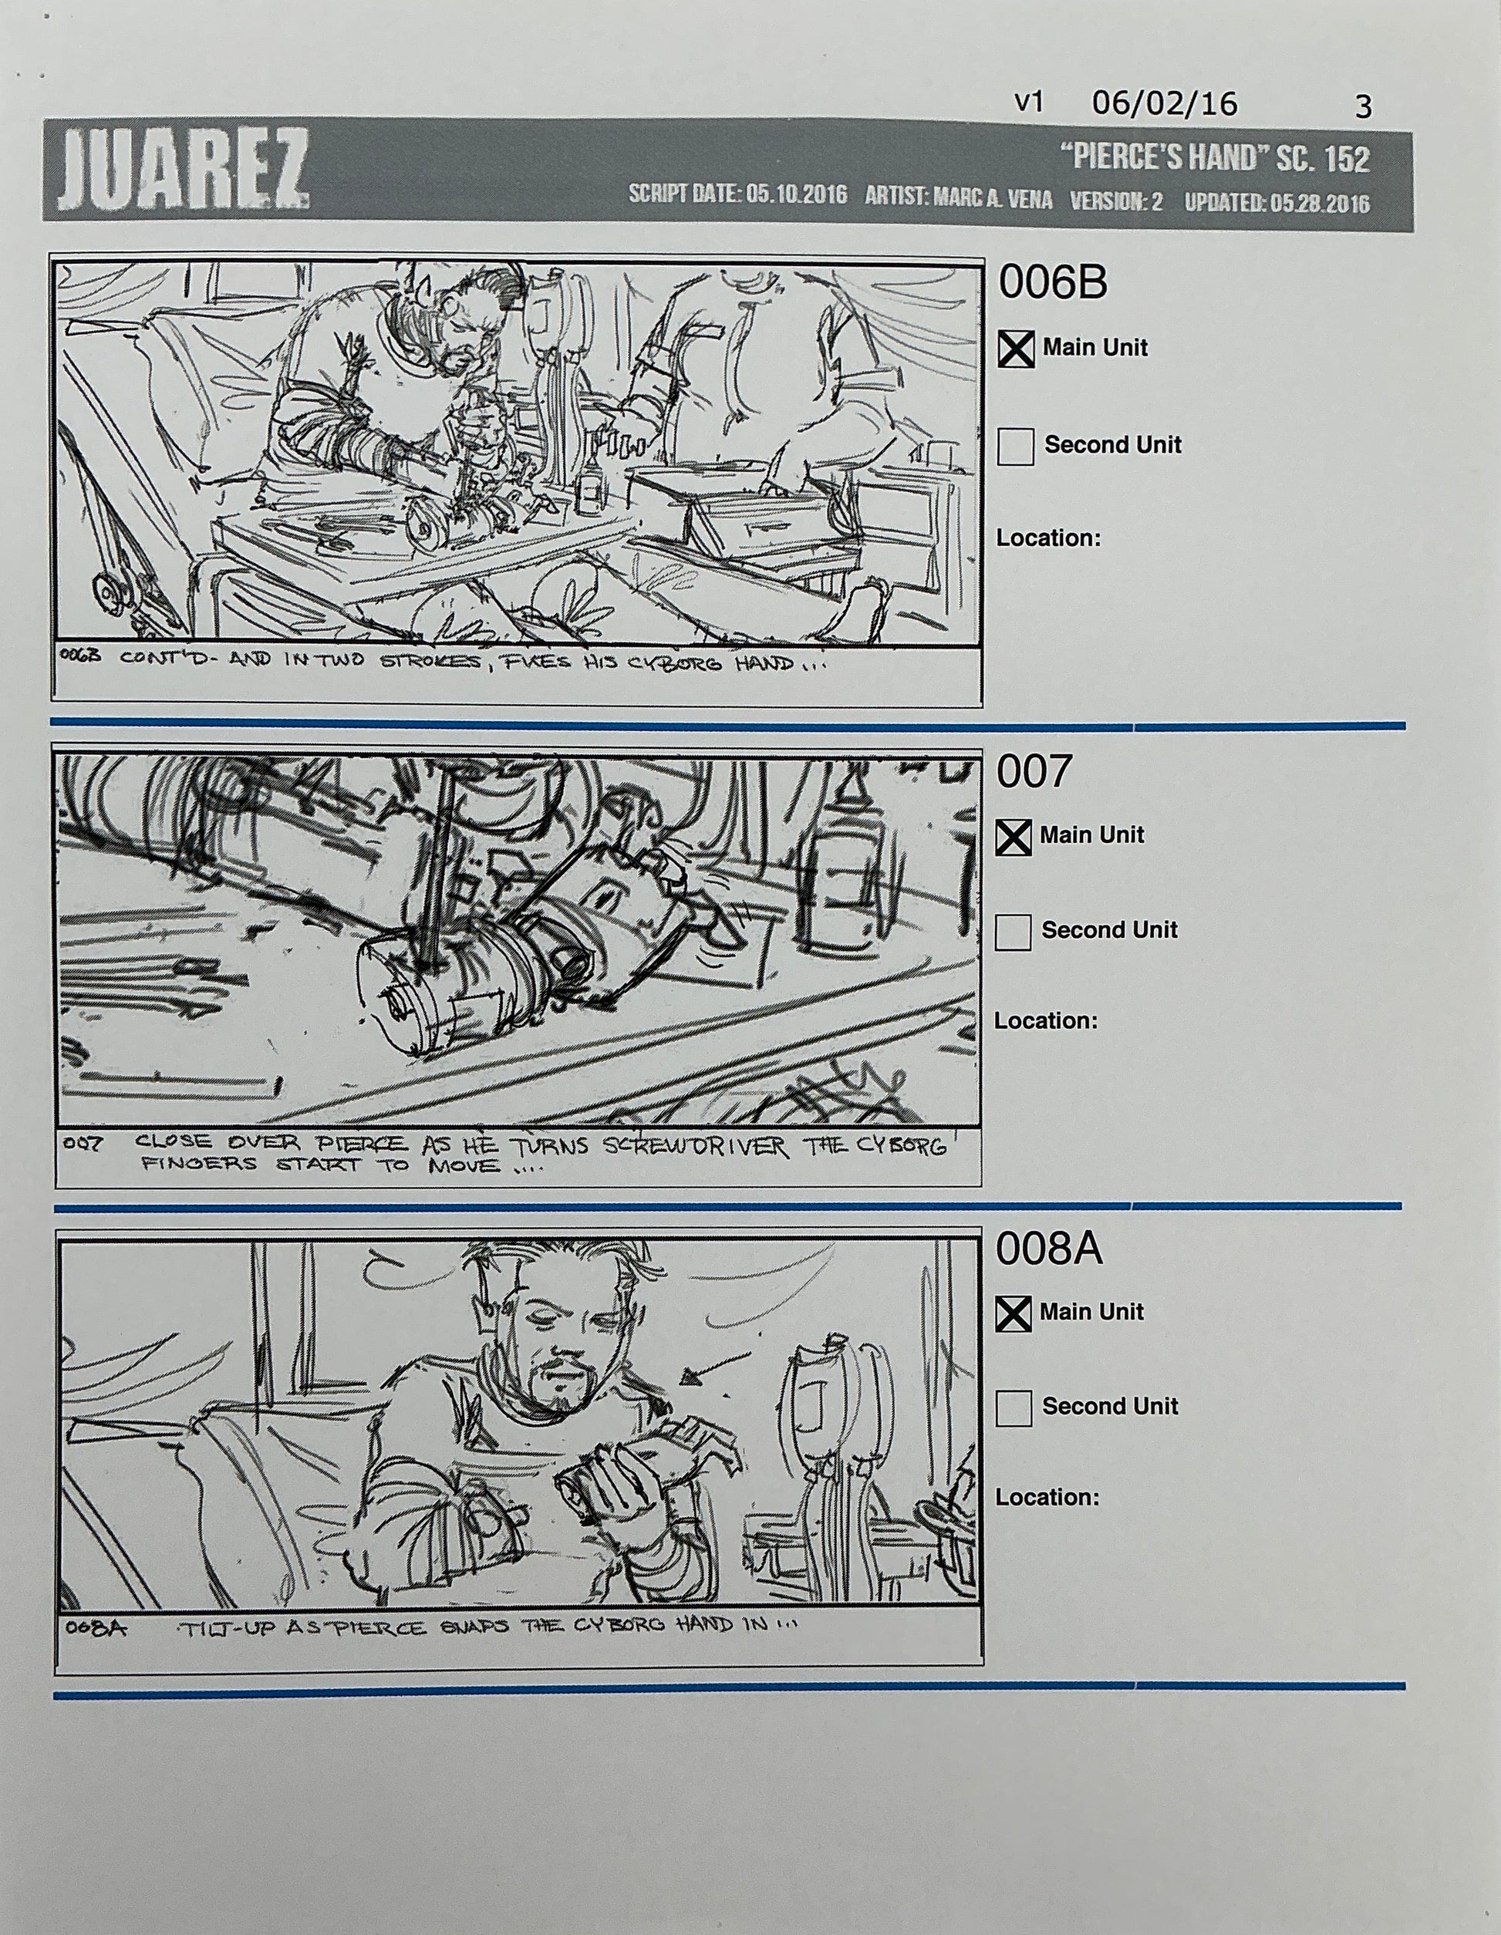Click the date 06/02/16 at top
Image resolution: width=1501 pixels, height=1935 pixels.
tap(1163, 105)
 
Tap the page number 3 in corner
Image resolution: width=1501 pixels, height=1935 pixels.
tap(1363, 107)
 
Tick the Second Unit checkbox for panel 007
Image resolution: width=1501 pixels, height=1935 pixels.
tap(1013, 932)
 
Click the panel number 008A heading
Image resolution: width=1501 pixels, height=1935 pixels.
tap(1048, 1249)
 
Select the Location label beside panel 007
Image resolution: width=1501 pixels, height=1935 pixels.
tap(1044, 1020)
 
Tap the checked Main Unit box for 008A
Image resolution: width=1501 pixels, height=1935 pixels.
tap(1013, 1313)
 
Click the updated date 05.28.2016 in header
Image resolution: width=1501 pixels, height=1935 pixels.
tap(1318, 202)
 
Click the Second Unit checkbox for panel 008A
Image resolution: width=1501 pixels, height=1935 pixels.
tap(1013, 1407)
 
